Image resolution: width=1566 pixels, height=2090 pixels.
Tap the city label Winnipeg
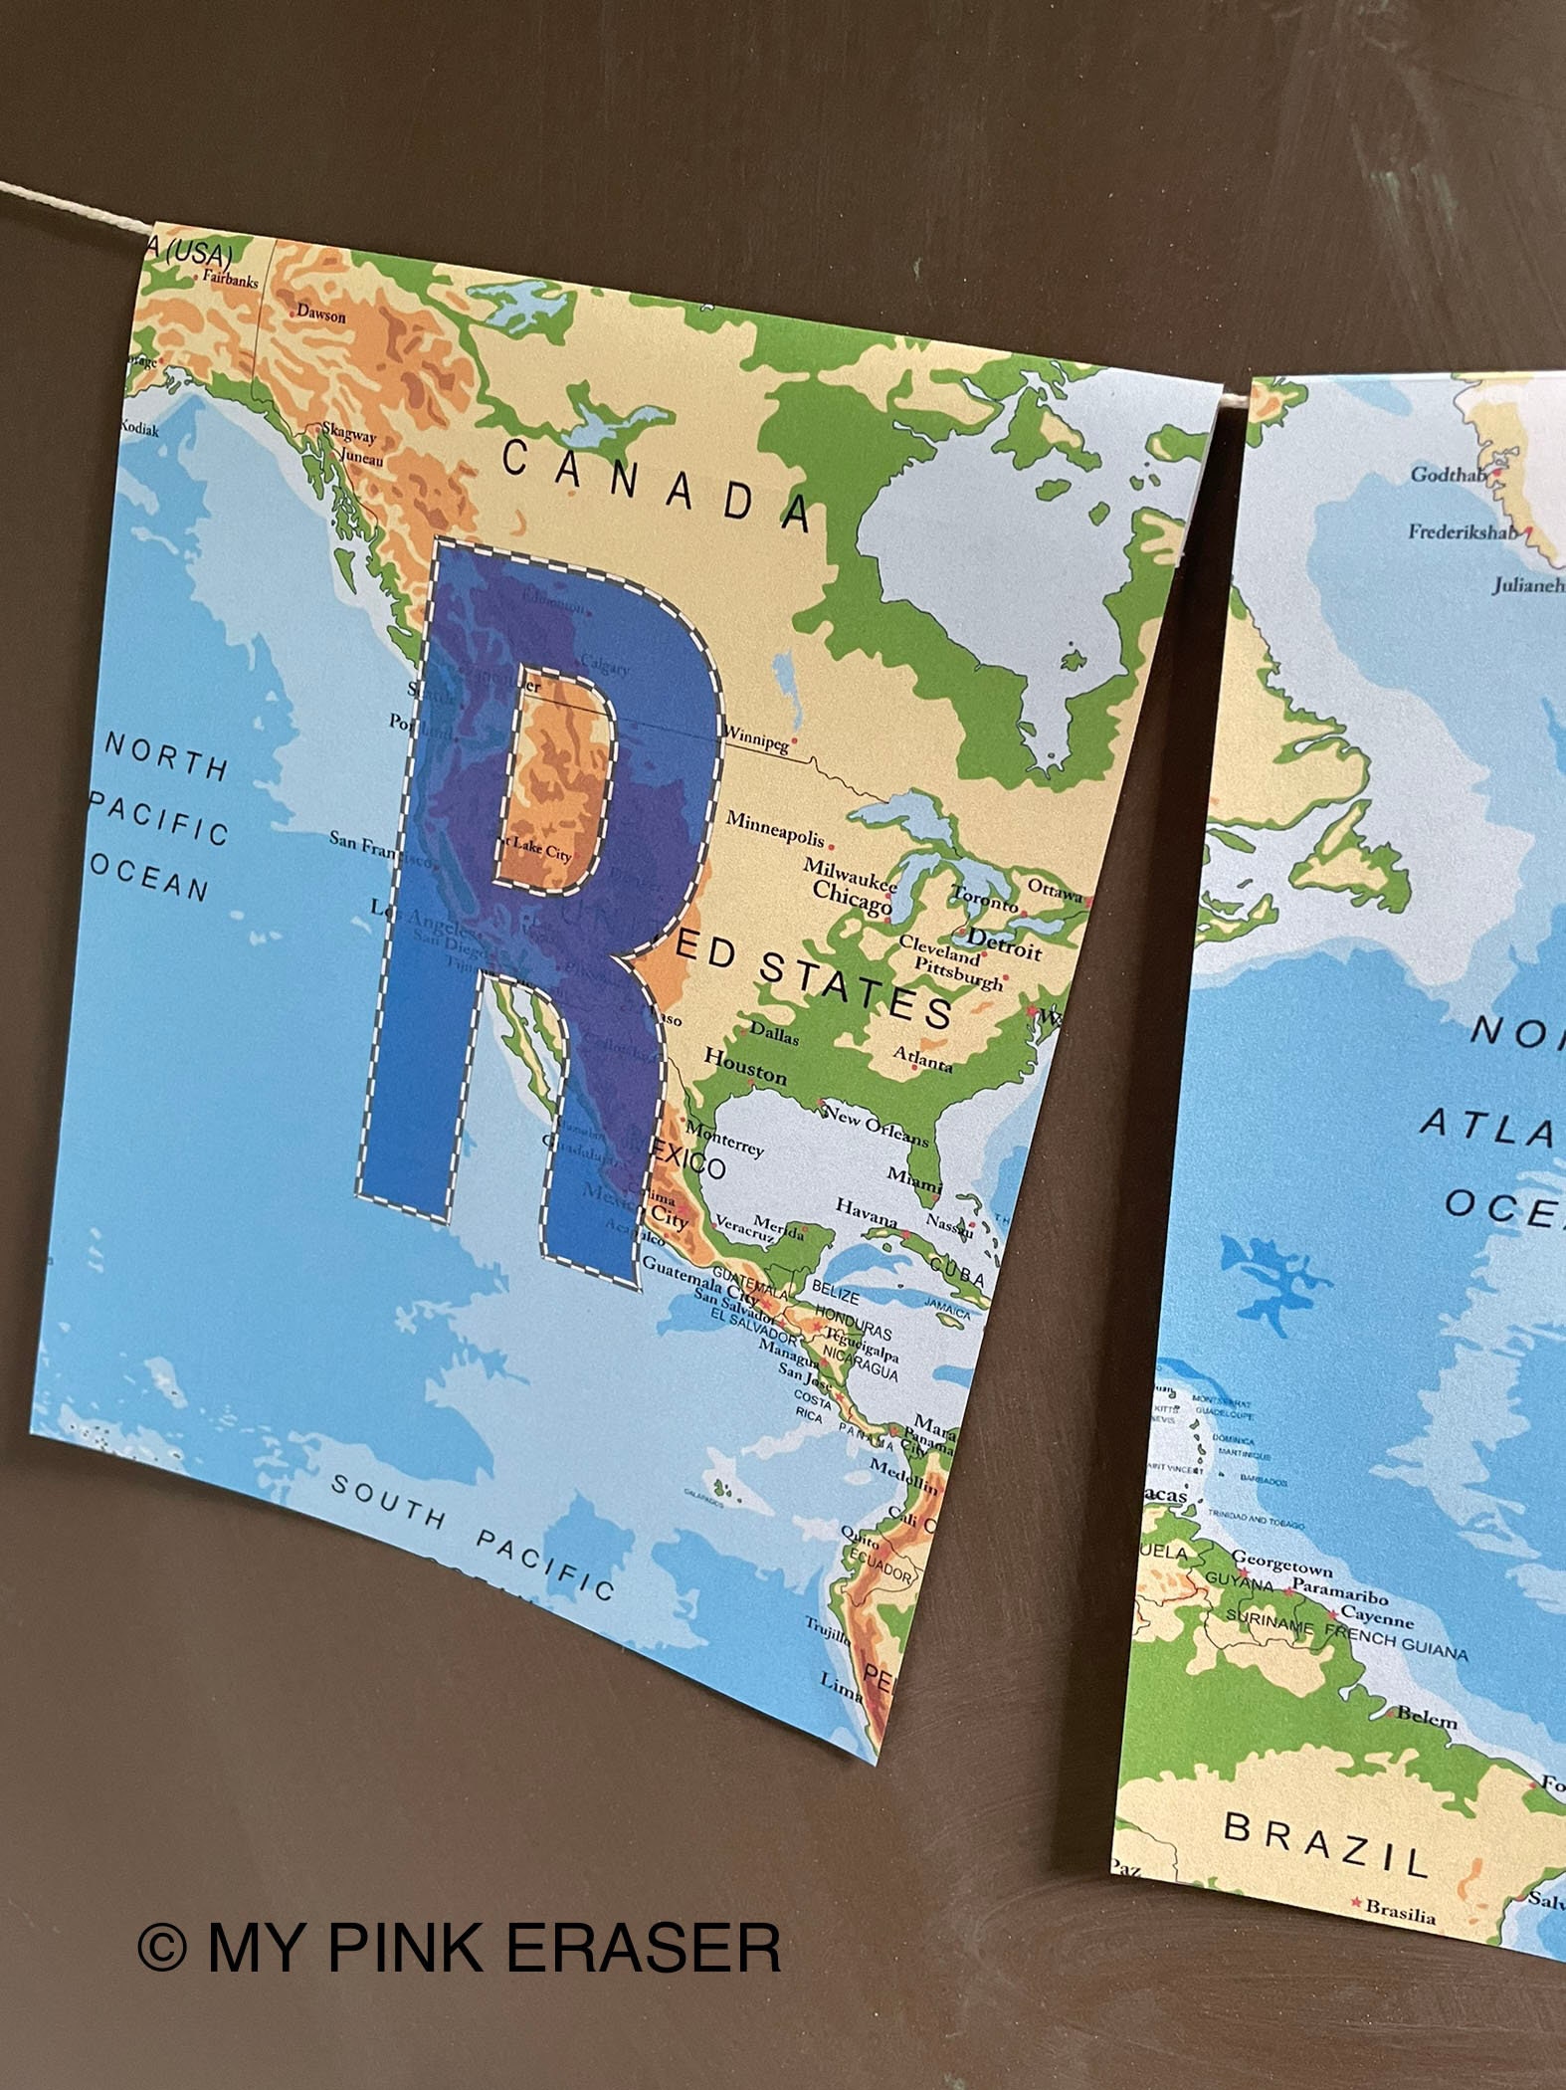click(755, 739)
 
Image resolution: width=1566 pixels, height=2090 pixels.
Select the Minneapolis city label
click(776, 827)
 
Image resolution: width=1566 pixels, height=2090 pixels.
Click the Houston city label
click(745, 1066)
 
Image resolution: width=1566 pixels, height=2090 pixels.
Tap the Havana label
click(866, 1211)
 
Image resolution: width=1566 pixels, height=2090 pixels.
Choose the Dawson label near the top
click(321, 315)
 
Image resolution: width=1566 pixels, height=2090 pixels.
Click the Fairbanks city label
click(230, 280)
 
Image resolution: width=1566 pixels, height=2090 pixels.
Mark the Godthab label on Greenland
click(1448, 475)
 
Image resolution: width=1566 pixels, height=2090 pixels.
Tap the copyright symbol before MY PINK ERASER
click(161, 1947)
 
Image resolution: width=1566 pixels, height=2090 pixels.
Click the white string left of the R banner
click(60, 210)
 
